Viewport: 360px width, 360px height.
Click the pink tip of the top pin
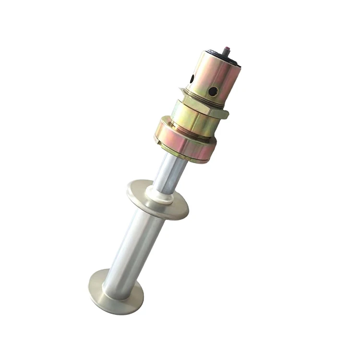tap(228, 48)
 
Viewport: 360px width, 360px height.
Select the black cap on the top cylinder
tap(222, 59)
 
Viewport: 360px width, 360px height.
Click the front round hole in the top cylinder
tap(213, 91)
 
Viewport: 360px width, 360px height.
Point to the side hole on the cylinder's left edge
tap(192, 78)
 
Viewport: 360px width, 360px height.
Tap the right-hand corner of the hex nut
tap(226, 115)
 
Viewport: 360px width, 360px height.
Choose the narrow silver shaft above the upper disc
tap(170, 173)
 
